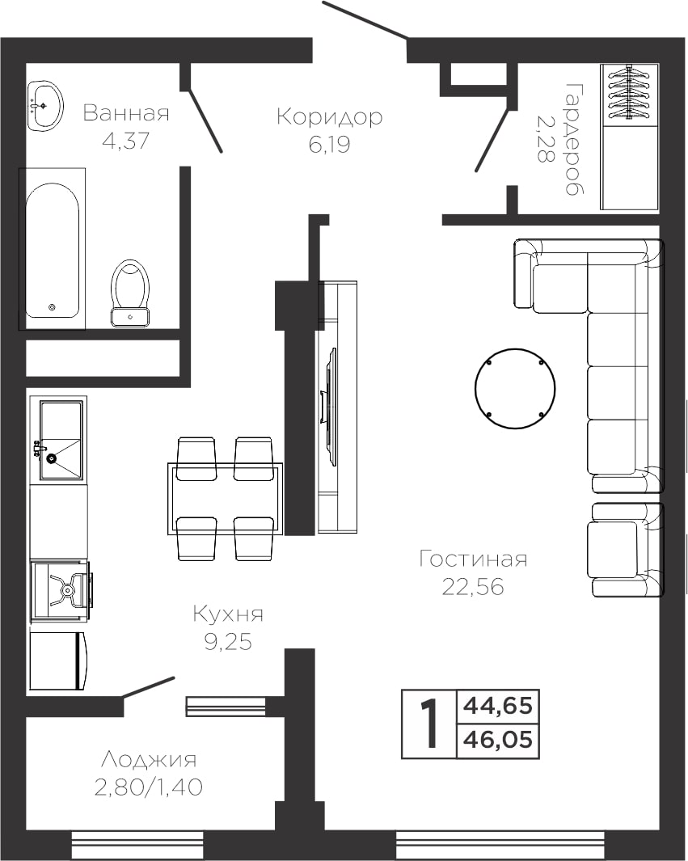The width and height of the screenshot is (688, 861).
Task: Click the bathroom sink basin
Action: [45, 106]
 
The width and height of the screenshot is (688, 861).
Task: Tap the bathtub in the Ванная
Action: [53, 251]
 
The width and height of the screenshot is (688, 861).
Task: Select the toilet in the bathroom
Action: [130, 293]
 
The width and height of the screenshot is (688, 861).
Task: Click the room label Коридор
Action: [330, 116]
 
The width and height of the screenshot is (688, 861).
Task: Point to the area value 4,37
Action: [126, 141]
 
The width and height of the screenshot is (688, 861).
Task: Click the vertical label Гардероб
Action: [575, 140]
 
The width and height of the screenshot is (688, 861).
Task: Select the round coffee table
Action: [514, 388]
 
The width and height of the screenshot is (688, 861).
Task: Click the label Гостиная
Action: [473, 559]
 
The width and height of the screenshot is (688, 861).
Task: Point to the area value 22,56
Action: [473, 586]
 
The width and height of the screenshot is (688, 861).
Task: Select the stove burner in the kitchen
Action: [67, 589]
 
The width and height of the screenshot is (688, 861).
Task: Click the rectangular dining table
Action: [225, 499]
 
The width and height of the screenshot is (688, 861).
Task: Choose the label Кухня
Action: [228, 614]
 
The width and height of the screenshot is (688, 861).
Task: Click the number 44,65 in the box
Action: [498, 705]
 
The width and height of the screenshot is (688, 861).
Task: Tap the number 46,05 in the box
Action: [498, 740]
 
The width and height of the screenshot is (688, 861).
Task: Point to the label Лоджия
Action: [149, 760]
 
